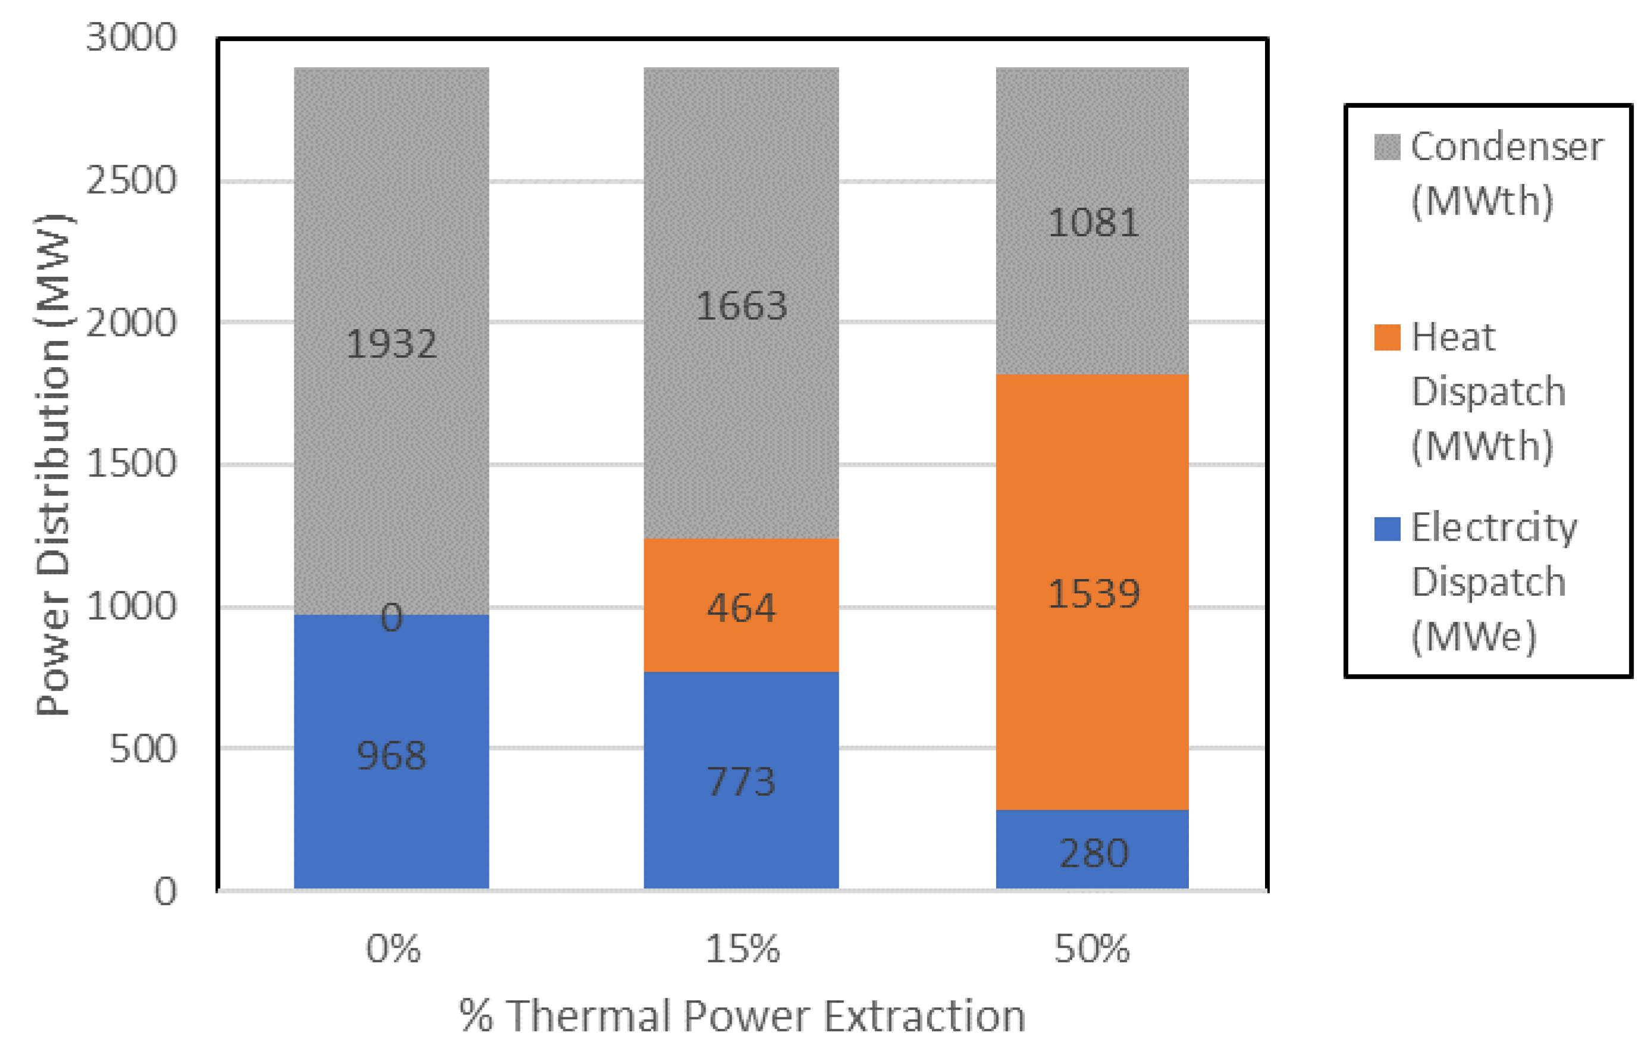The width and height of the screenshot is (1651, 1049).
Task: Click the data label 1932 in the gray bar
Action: click(x=391, y=344)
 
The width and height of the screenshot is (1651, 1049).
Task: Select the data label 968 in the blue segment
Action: click(x=391, y=755)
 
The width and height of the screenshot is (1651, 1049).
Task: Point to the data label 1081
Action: click(x=1093, y=223)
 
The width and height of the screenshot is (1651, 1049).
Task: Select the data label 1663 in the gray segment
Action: click(x=741, y=306)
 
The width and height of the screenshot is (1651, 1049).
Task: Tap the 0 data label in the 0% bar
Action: click(x=391, y=618)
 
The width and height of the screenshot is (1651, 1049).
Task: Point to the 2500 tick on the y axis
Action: click(x=131, y=181)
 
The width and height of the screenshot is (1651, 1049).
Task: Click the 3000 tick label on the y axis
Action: click(x=131, y=37)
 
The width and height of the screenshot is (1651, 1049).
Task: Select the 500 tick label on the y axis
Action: click(x=143, y=749)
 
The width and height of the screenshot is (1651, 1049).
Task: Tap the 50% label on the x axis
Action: click(x=1091, y=950)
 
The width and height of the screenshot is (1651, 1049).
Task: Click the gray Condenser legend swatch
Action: click(x=1386, y=147)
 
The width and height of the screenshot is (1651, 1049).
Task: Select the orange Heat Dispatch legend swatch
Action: click(x=1386, y=337)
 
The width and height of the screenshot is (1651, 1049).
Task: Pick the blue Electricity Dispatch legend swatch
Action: click(x=1386, y=528)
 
